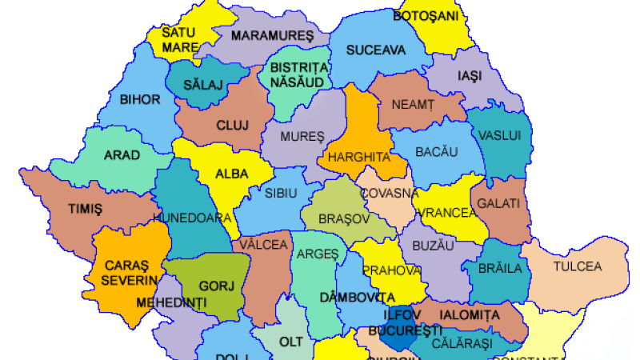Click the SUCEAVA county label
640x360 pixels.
pyautogui.click(x=376, y=50)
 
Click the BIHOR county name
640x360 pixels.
pyautogui.click(x=140, y=100)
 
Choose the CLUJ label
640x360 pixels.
pyautogui.click(x=233, y=125)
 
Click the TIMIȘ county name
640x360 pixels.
pyautogui.click(x=86, y=209)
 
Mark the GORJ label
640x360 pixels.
pyautogui.click(x=215, y=286)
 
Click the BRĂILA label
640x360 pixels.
pyautogui.click(x=500, y=267)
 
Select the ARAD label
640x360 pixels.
pyautogui.click(x=122, y=155)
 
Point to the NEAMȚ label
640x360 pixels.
pyautogui.click(x=412, y=104)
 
